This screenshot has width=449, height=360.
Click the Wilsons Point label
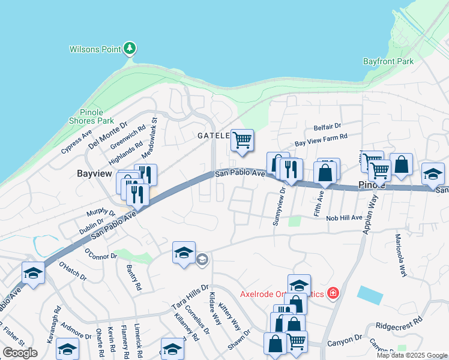95,49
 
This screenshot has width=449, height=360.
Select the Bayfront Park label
388,61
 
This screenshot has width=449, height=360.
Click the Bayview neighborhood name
95,173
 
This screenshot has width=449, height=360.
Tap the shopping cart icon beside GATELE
242,140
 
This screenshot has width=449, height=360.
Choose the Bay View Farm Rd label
321,140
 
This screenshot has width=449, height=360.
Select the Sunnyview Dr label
278,206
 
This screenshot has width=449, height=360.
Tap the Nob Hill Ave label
344,218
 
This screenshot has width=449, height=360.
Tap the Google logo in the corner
20,353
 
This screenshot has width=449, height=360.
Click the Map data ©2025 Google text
411,355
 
